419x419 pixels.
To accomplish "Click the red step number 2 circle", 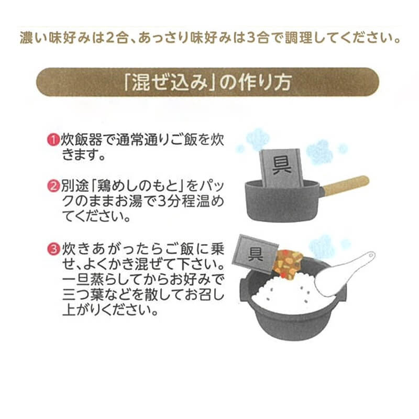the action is (54, 186).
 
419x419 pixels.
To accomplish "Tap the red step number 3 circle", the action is (54, 249).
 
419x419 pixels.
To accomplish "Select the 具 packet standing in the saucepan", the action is (281, 168).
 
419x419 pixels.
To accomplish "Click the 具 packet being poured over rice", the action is (255, 253).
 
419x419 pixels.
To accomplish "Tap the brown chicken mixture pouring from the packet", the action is (286, 263).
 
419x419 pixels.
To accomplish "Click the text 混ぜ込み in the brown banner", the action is (170, 82).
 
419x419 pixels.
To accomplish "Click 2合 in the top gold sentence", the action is (117, 38).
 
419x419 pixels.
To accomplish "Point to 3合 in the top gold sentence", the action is (257, 38).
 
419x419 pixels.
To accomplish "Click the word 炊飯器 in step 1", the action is (82, 140).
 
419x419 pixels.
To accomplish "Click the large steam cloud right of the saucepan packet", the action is (319, 152).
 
